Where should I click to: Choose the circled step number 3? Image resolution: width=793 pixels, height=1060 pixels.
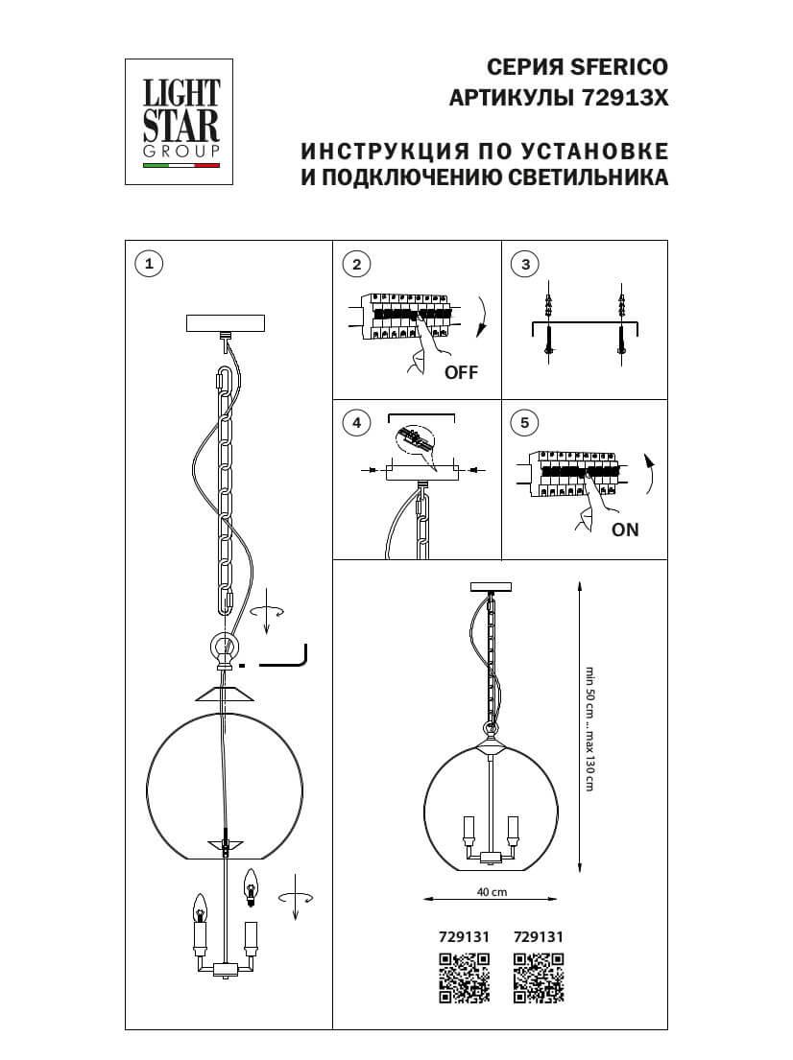coord(524,265)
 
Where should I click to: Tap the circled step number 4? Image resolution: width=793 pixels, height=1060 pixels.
coord(356,422)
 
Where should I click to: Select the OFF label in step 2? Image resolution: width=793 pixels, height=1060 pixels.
coord(460,373)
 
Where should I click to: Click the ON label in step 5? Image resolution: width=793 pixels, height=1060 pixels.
coord(624,530)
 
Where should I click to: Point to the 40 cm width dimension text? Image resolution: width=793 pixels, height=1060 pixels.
coord(492,891)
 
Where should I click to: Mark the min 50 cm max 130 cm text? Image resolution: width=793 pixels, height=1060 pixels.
coord(589,728)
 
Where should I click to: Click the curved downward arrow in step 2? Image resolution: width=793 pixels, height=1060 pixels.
coord(481,318)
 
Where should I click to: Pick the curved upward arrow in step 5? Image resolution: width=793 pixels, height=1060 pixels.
coord(650,474)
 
